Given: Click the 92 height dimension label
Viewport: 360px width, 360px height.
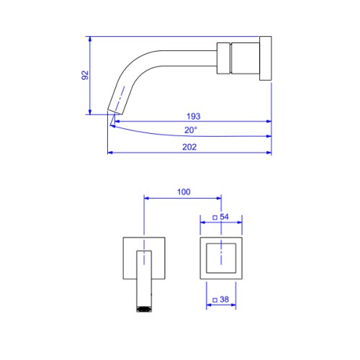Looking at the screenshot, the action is pyautogui.click(x=85, y=75).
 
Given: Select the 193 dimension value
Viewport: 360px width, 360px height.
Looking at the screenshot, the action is pyautogui.click(x=194, y=117).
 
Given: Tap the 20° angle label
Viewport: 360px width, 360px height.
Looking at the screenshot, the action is pyautogui.click(x=191, y=130).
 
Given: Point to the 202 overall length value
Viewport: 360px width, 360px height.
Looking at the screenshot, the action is pyautogui.click(x=189, y=147).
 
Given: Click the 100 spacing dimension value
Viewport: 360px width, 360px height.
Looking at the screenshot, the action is pyautogui.click(x=184, y=192).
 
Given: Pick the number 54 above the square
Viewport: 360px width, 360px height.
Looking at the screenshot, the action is pyautogui.click(x=224, y=217).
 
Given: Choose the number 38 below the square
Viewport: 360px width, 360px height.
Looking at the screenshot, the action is pyautogui.click(x=224, y=300).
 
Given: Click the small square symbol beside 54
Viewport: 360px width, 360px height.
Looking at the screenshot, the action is pyautogui.click(x=215, y=217).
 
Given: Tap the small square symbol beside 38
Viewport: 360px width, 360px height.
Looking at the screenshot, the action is pyautogui.click(x=215, y=300).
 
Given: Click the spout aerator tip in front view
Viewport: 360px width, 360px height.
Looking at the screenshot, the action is pyautogui.click(x=144, y=309).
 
